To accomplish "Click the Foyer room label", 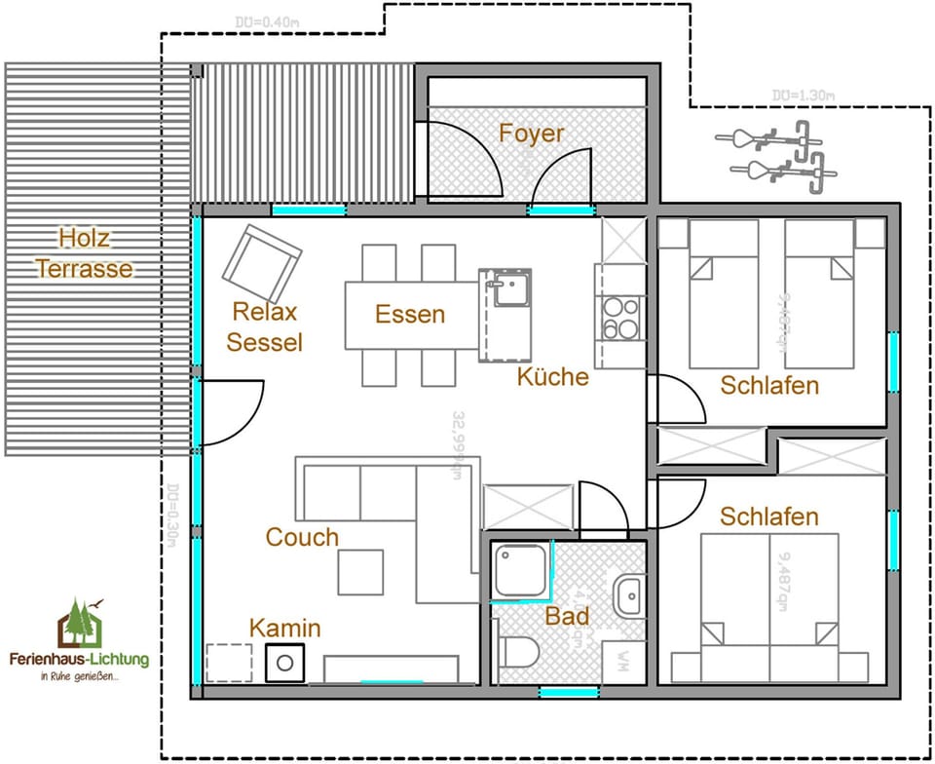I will pos(531,133).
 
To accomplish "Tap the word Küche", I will pos(552,376).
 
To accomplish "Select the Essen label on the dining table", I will pos(410,314).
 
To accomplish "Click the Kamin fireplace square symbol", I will pos(285,663).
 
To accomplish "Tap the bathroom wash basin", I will pos(628,594).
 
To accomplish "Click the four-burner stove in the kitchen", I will pos(619,318).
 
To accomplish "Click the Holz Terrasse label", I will pos(84,252).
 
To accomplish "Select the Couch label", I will pos(302,537).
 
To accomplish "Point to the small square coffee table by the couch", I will pos(360,572).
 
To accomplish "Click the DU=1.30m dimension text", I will pos(804,95).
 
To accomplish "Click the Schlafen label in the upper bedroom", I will pos(769,385).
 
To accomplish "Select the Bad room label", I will pos(567,616).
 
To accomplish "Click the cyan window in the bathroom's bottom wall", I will pos(569,693).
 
